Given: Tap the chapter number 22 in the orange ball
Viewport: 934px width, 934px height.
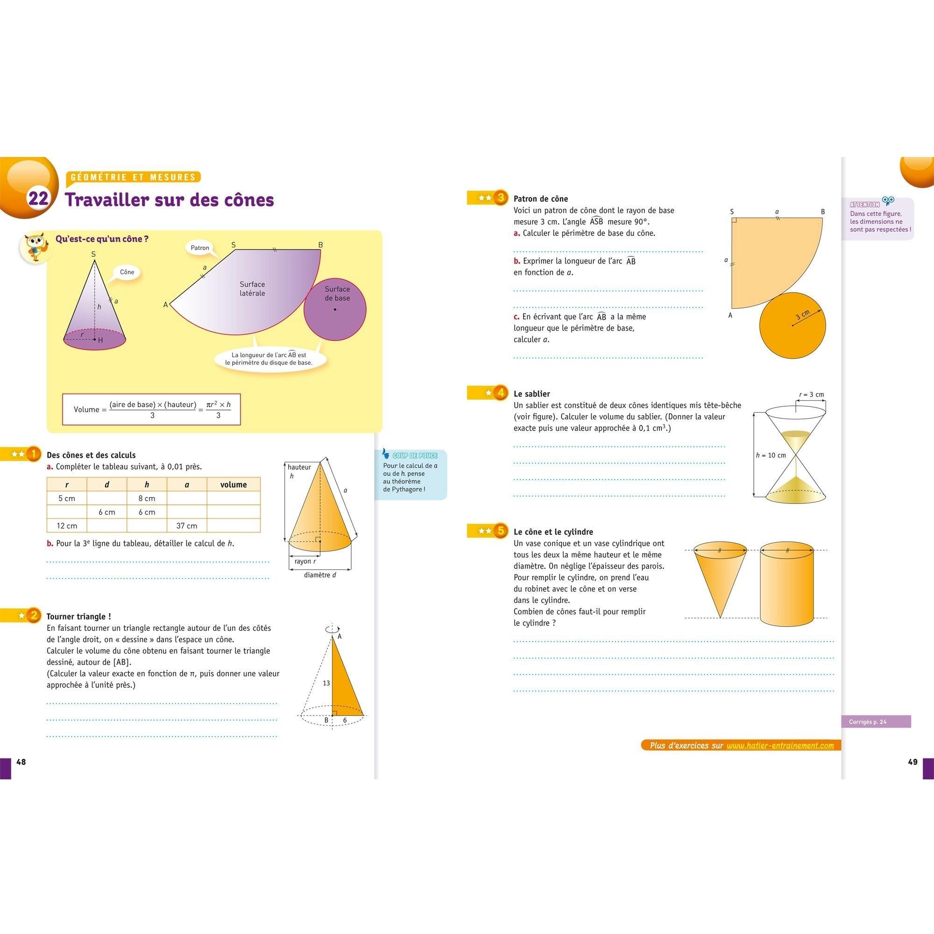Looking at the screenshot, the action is [x=38, y=199].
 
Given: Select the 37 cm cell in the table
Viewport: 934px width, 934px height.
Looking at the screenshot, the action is [x=187, y=525].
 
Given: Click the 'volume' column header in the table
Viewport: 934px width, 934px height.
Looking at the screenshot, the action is [x=233, y=484].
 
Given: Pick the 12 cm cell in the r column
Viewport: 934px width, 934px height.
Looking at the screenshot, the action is [x=67, y=525].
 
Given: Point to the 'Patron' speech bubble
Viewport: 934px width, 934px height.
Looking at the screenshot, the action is [x=200, y=248].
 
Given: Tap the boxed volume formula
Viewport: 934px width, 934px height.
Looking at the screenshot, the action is [x=151, y=410].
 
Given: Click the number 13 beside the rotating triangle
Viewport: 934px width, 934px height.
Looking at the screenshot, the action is [x=326, y=683].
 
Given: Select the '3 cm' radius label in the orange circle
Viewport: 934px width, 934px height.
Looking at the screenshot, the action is [x=802, y=316].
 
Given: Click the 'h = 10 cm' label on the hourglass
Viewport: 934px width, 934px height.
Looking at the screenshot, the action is [x=771, y=455].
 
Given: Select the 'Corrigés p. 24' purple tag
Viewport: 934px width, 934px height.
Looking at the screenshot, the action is [x=876, y=722].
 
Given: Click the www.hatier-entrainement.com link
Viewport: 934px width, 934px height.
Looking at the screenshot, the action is [x=780, y=746].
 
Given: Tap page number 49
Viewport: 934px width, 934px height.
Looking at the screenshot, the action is [x=912, y=762].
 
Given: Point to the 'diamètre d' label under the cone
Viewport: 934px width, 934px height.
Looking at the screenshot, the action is [x=320, y=575].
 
